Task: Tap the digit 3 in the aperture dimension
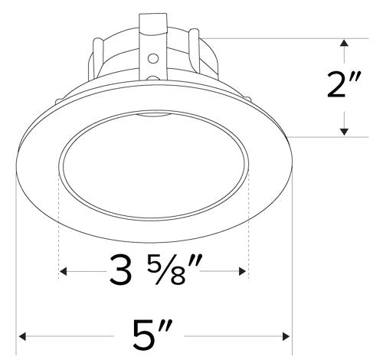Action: (x=120, y=272)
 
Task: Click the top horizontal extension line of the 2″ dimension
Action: (x=306, y=38)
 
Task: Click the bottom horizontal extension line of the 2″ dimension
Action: (x=322, y=137)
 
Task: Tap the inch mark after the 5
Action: (x=177, y=328)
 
